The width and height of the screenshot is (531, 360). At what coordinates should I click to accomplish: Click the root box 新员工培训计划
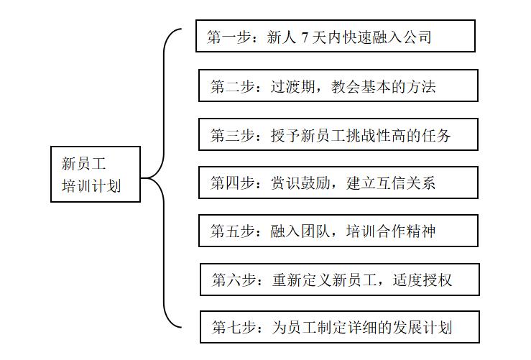[x=96, y=175]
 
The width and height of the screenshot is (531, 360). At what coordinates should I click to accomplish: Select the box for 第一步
[x=335, y=36]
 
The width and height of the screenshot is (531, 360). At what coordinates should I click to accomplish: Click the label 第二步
[x=228, y=87]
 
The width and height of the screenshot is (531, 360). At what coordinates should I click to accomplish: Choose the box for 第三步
[x=338, y=134]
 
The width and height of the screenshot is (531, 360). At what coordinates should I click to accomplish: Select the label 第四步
[x=228, y=183]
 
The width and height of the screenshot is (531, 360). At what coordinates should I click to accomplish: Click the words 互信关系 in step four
[x=404, y=183]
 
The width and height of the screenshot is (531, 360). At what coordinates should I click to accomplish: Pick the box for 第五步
[x=338, y=231]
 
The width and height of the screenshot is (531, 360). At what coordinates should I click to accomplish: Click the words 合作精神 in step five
[x=404, y=231]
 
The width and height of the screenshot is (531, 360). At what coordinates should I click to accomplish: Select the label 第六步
[x=230, y=280]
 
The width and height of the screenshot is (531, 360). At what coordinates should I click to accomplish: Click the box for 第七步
[x=339, y=327]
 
